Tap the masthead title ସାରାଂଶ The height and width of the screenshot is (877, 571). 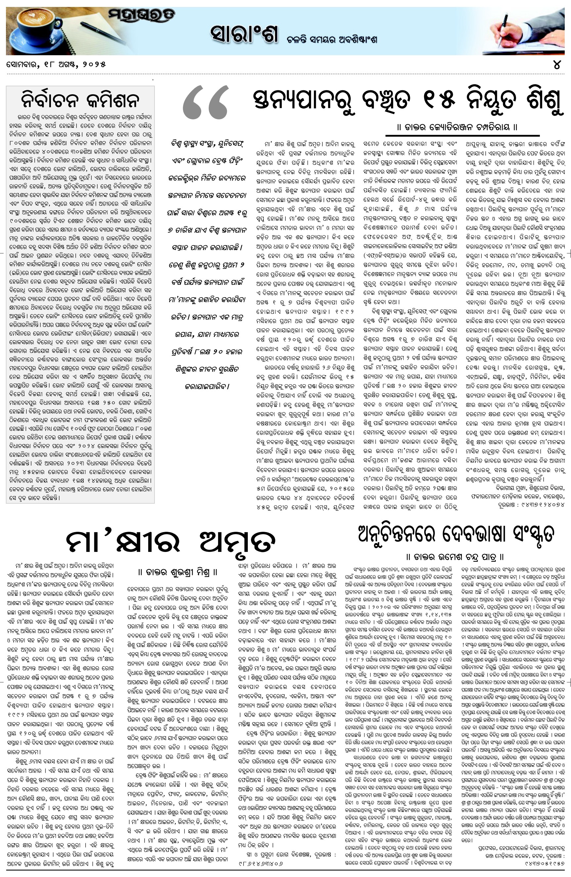(244, 34)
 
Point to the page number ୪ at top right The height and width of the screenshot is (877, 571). (557, 64)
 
